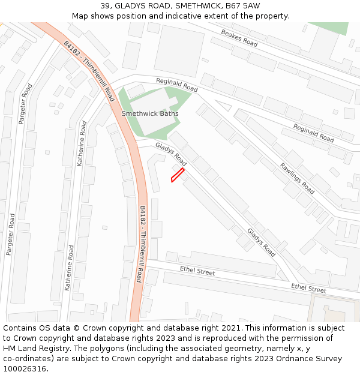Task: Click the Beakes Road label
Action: (239, 38)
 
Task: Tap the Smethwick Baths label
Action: (150, 113)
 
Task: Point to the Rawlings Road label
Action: (297, 178)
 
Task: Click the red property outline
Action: (177, 175)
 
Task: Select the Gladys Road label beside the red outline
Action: (171, 154)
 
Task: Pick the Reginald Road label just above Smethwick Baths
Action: (177, 86)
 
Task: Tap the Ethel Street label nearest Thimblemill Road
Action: (197, 272)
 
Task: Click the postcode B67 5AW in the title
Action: (242, 6)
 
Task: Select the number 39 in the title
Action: (106, 6)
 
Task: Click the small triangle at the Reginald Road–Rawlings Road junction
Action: (224, 106)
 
